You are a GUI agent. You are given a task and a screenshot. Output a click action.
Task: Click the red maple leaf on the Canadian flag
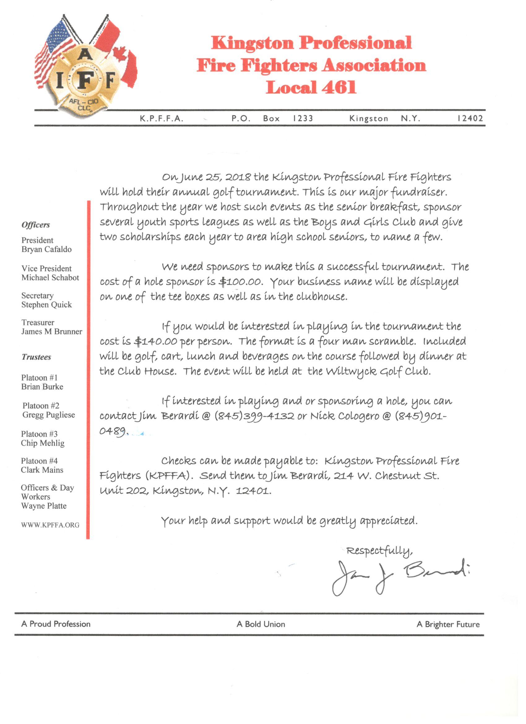(x=120, y=53)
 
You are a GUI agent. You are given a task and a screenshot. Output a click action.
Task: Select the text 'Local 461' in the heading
(x=311, y=87)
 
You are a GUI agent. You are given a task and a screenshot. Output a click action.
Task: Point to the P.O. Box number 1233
(x=303, y=118)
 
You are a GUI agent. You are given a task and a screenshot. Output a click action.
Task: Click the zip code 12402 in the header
(x=470, y=118)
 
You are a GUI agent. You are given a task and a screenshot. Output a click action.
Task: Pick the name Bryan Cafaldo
(x=47, y=249)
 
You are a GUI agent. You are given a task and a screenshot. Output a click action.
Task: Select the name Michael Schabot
(x=50, y=277)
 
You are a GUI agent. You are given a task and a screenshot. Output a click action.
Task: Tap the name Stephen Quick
(x=47, y=304)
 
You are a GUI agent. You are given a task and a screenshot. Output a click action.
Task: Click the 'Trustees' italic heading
(x=37, y=357)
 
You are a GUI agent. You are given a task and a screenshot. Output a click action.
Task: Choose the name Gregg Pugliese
(x=49, y=415)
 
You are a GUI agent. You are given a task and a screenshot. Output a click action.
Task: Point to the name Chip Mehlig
(x=43, y=443)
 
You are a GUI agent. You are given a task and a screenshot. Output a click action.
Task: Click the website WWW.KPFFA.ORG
(x=50, y=525)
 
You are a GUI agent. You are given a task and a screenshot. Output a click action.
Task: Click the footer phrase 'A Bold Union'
(x=261, y=624)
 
